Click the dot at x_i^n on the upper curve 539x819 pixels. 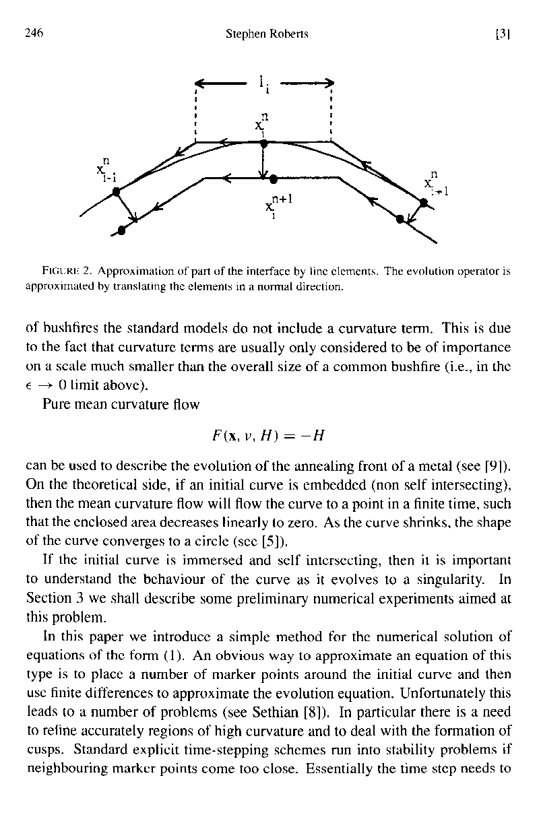264,143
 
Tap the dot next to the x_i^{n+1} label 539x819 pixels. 273,179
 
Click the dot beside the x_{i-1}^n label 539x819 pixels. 117,192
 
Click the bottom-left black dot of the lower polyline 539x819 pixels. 122,231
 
